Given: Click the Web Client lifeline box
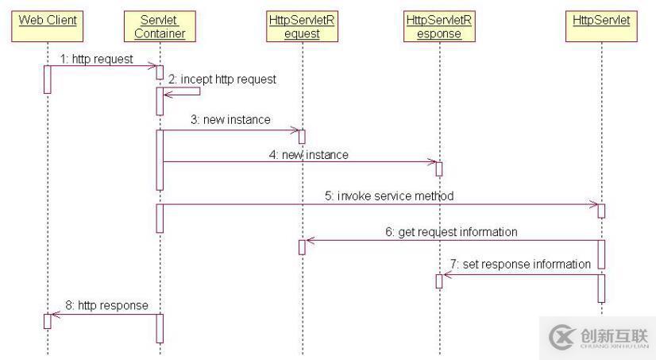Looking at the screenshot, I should click(x=48, y=21).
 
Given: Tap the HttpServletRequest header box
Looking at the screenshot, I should click(x=302, y=26).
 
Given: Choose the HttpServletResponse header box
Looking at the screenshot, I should click(x=438, y=26).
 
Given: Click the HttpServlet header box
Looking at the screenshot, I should click(x=601, y=21).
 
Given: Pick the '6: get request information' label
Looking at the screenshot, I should click(x=451, y=232).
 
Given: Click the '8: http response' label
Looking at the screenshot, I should click(x=112, y=305).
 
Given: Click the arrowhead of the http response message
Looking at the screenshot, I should click(x=55, y=315).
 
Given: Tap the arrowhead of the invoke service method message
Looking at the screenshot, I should click(x=593, y=205).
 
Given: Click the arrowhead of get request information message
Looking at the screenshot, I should click(x=310, y=241).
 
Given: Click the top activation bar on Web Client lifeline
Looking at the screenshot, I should click(x=48, y=79).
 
